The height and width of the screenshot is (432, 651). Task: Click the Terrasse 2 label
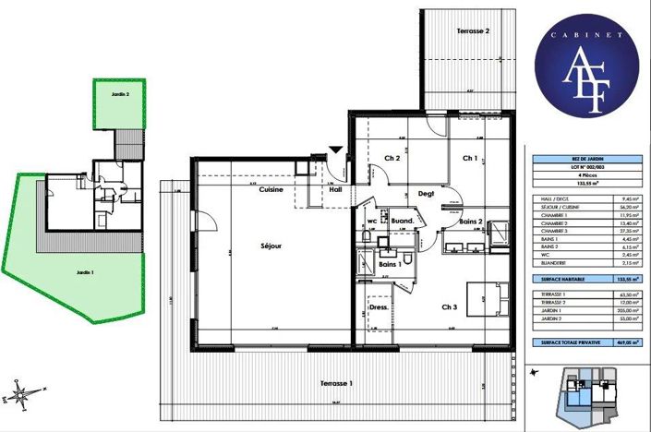(473, 30)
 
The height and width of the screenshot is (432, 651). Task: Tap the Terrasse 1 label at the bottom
(341, 383)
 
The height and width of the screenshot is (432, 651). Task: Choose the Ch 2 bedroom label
(392, 158)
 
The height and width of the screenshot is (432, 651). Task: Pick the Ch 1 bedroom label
(470, 158)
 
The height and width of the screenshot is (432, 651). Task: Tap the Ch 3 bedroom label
(449, 307)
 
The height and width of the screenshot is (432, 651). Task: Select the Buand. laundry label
(401, 222)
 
